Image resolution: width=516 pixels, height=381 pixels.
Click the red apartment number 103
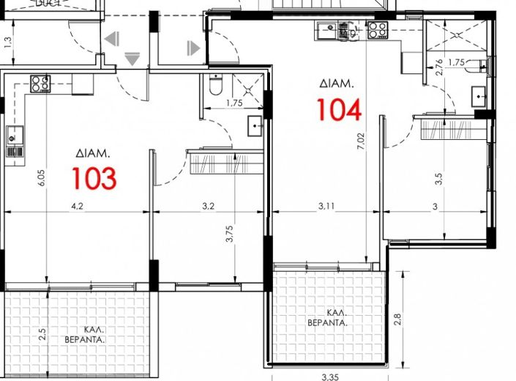[94, 178]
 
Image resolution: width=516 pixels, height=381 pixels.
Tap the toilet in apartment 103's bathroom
[214, 86]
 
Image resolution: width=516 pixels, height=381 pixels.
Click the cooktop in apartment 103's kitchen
[40, 84]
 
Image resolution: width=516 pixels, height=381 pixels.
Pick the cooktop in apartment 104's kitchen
[377, 30]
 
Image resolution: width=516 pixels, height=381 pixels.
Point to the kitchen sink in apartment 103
[13, 134]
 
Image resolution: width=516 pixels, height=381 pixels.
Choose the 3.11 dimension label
[327, 207]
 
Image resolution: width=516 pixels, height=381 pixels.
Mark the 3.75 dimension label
[230, 239]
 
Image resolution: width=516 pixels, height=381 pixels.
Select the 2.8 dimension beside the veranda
[397, 319]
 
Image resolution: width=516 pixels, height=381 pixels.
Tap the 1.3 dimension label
[8, 42]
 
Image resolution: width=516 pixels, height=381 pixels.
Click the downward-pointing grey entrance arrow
[132, 59]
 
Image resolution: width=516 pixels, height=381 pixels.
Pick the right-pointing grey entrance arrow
[193, 48]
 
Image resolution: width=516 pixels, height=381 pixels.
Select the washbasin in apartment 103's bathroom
[255, 125]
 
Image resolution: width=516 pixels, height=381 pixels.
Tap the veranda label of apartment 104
[326, 317]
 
